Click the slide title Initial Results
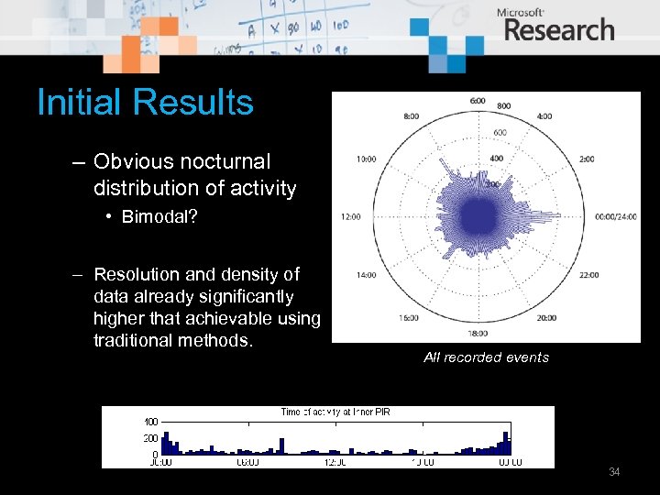[x=145, y=102]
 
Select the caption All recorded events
[x=486, y=357]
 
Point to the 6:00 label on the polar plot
[x=478, y=100]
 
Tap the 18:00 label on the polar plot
[x=478, y=334]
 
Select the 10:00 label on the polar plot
[x=366, y=159]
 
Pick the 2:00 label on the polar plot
[x=585, y=159]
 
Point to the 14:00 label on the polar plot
[x=366, y=275]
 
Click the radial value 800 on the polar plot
[x=504, y=106]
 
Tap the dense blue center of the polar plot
[x=478, y=217]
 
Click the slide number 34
[x=614, y=472]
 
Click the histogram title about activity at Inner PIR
[x=335, y=412]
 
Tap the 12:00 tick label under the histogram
[x=335, y=462]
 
